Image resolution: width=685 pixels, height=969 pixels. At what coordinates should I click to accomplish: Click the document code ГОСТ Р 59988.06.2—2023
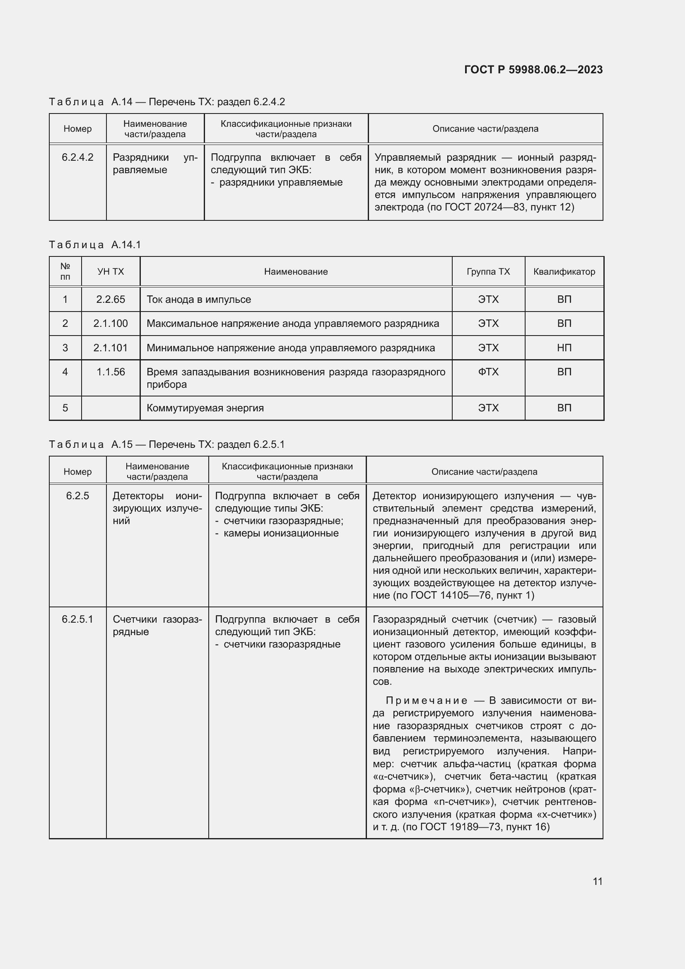click(x=533, y=70)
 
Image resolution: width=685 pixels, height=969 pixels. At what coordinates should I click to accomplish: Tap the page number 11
click(x=597, y=881)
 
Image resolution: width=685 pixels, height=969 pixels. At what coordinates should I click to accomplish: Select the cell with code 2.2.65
click(x=111, y=299)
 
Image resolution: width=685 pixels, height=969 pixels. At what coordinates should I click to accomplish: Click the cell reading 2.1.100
click(x=111, y=323)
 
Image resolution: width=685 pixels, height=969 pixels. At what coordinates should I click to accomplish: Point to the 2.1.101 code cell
click(x=111, y=348)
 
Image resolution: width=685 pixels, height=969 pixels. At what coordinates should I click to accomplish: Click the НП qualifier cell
click(x=564, y=348)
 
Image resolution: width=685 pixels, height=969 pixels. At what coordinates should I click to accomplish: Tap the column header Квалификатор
click(x=564, y=271)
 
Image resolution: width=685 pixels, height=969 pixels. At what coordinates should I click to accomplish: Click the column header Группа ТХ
click(x=488, y=271)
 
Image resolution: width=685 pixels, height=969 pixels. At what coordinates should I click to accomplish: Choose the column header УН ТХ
click(x=111, y=271)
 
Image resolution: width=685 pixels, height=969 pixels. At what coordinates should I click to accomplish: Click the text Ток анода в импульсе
click(x=199, y=299)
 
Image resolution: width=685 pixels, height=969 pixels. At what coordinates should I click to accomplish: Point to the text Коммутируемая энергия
click(x=205, y=408)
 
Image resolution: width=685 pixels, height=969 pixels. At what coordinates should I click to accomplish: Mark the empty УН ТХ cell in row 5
click(x=111, y=408)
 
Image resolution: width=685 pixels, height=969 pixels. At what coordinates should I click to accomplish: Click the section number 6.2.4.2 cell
click(x=77, y=157)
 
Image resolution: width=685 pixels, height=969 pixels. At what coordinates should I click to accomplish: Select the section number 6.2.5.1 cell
click(x=77, y=619)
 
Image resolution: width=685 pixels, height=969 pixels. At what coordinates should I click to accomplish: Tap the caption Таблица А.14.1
click(x=95, y=245)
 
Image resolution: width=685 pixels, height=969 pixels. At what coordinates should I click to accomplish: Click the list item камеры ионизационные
click(x=281, y=533)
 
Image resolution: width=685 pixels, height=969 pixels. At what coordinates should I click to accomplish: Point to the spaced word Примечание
click(x=427, y=701)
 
